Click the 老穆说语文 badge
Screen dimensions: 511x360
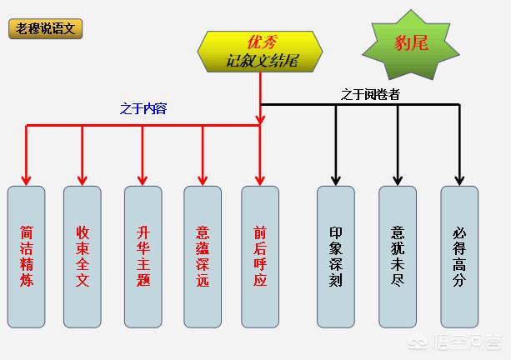[45, 28]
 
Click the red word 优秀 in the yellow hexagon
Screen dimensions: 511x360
[263, 42]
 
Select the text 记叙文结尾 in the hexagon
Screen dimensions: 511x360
[262, 61]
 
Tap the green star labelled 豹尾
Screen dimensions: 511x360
[411, 45]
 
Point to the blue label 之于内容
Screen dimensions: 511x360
[143, 108]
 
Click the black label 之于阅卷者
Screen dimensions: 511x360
[370, 94]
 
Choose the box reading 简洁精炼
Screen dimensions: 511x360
[27, 257]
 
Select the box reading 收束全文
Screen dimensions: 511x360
[83, 257]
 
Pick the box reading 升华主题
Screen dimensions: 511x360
[143, 257]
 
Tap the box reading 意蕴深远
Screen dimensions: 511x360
[203, 257]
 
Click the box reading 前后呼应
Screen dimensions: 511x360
[260, 257]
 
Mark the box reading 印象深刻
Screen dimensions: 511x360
[336, 257]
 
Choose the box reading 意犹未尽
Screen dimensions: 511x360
[398, 257]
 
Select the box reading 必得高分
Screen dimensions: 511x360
[459, 257]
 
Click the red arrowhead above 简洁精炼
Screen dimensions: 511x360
[26, 180]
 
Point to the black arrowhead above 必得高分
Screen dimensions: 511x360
[459, 180]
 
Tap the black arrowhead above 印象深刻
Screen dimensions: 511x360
[336, 180]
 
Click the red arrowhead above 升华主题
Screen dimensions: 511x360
[143, 180]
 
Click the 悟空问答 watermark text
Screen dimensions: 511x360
[466, 342]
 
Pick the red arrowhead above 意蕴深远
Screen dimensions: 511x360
[203, 180]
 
